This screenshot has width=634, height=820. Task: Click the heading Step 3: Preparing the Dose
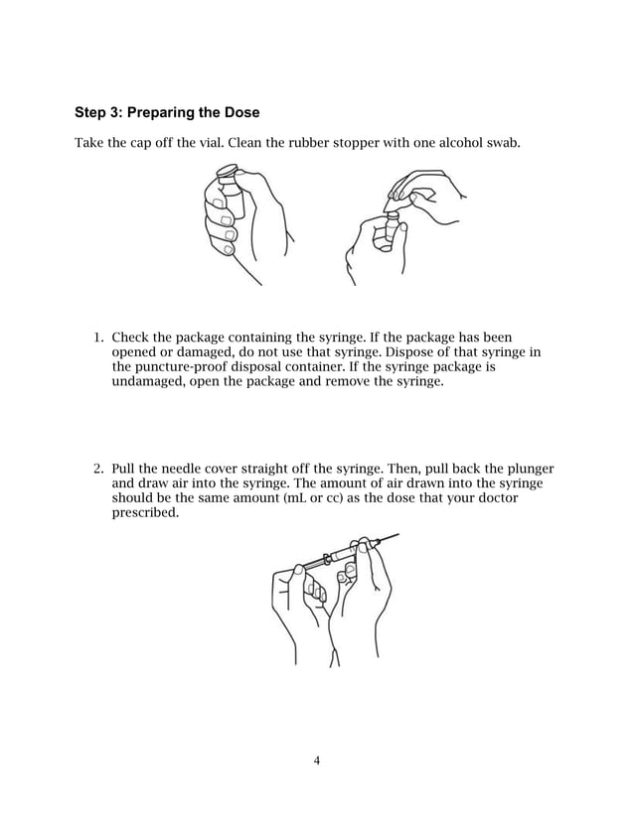[x=167, y=110]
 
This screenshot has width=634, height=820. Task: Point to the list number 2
[x=97, y=469]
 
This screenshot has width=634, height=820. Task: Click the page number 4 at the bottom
[x=316, y=761]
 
